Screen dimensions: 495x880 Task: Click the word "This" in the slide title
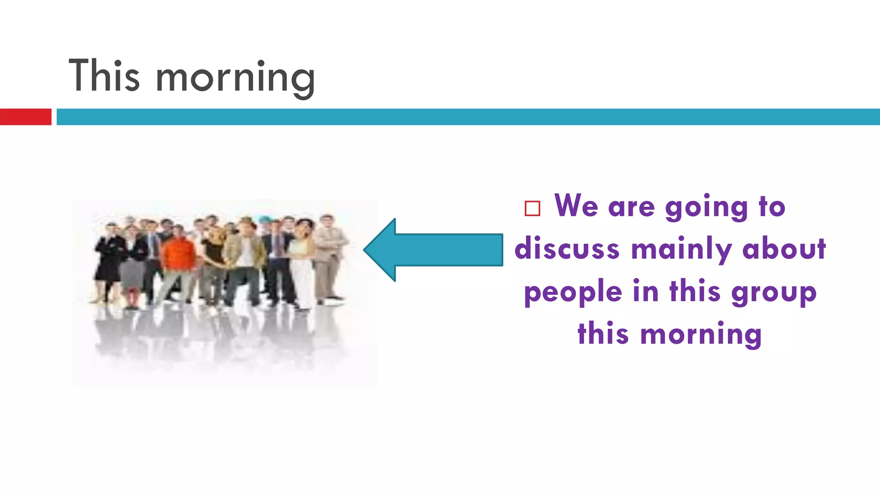[104, 76]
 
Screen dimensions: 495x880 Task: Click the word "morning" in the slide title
[235, 78]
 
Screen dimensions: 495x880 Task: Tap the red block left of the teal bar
[25, 117]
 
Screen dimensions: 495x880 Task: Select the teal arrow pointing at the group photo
[433, 250]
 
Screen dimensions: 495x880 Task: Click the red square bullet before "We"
[532, 208]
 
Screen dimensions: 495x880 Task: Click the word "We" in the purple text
[576, 206]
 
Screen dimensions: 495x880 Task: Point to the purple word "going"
[706, 208]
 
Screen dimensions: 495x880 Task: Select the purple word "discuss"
[567, 249]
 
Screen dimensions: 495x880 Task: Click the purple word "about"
[784, 249]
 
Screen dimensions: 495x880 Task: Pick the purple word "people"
[573, 293]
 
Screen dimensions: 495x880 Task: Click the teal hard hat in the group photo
[265, 219]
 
